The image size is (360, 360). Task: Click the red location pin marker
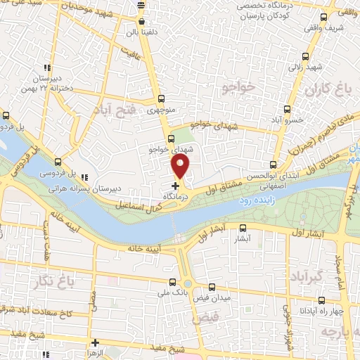point(181,166)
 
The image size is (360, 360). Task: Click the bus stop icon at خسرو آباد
point(286,109)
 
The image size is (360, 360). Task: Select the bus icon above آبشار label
point(243,228)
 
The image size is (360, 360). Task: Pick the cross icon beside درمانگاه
point(174,186)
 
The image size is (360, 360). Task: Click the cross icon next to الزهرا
point(95,342)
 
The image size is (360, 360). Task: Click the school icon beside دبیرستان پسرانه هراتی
point(84,177)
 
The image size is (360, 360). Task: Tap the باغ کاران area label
point(328,90)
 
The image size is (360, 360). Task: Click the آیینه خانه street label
point(145,249)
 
